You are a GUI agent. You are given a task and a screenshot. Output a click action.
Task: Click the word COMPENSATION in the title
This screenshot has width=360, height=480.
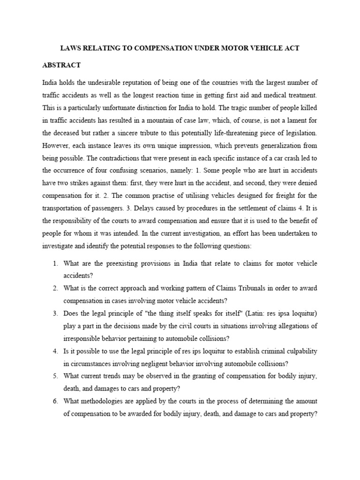click(x=149, y=48)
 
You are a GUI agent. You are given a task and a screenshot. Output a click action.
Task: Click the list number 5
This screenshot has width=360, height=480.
click(x=55, y=376)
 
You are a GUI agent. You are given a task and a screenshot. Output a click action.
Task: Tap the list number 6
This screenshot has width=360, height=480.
click(x=55, y=401)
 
